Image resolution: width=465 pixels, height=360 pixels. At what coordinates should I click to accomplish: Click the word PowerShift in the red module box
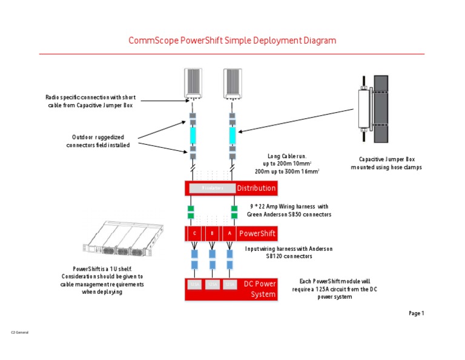pos(257,233)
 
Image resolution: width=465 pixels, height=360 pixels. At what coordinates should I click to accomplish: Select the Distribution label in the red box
pos(256,188)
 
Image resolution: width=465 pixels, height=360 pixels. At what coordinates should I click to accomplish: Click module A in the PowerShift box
pos(229,233)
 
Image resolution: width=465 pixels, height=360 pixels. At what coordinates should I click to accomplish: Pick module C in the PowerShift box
pos(194,233)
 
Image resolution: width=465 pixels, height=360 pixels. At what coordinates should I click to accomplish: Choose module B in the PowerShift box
pos(212,233)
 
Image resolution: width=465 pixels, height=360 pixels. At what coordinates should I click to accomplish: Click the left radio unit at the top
pos(194,84)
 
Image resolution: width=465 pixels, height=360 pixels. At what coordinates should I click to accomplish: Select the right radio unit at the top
pos(233,84)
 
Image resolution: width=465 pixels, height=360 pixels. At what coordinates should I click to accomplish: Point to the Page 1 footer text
pos(417,313)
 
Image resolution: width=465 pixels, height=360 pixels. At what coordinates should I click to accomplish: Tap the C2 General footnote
pos(20,333)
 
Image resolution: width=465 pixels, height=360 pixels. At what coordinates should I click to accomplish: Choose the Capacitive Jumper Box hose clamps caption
pos(386,164)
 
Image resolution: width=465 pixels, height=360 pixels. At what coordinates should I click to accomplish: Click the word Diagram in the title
pos(317,41)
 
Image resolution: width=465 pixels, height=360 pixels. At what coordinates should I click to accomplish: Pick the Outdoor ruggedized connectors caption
pos(97,141)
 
